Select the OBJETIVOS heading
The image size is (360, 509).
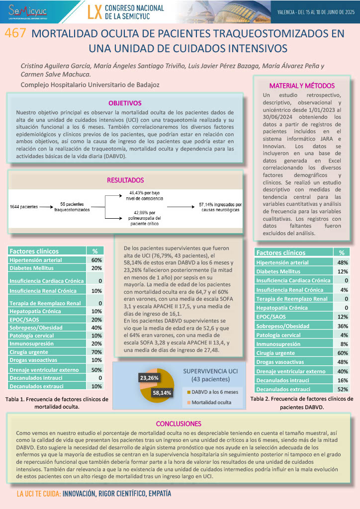point(125,103)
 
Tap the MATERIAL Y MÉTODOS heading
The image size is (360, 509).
point(302,85)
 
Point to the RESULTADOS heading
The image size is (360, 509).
point(125,180)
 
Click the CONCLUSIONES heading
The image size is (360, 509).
point(179,424)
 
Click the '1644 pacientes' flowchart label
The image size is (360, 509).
point(24,206)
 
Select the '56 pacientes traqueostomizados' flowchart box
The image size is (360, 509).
point(72,207)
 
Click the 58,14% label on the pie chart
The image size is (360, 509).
point(162,393)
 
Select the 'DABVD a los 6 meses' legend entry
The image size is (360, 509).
point(214,392)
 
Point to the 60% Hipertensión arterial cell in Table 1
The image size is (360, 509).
point(96,260)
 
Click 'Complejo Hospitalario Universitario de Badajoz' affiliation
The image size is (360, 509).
point(90,85)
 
